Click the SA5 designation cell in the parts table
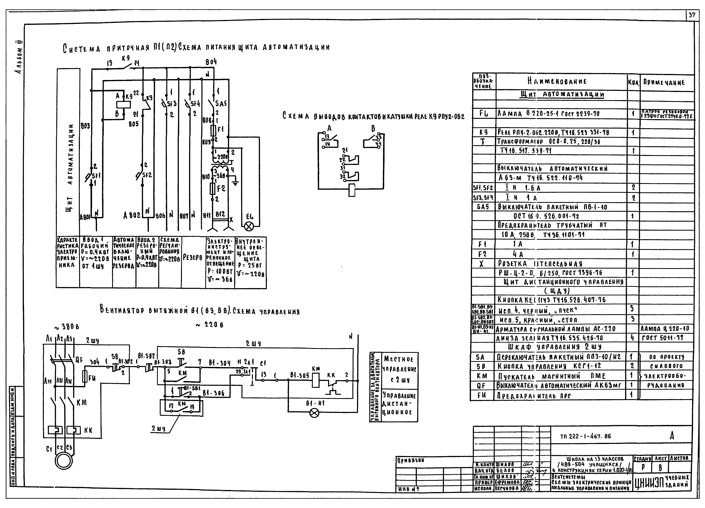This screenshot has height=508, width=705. coord(483,207)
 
